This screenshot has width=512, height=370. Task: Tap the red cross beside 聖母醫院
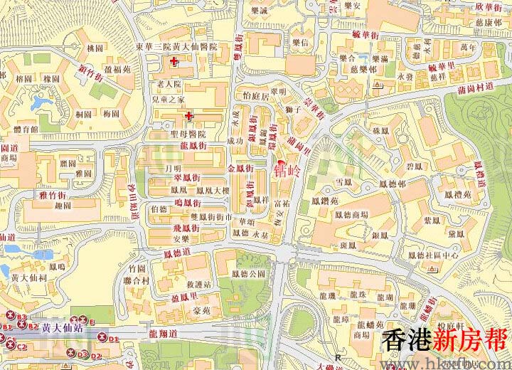pyautogui.click(x=188, y=115)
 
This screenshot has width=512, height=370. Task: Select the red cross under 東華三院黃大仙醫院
pyautogui.click(x=174, y=63)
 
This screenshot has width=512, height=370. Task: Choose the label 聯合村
pyautogui.click(x=134, y=280)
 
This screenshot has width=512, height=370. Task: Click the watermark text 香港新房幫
pyautogui.click(x=444, y=340)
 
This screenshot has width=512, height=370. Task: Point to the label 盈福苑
pyautogui.click(x=117, y=71)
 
